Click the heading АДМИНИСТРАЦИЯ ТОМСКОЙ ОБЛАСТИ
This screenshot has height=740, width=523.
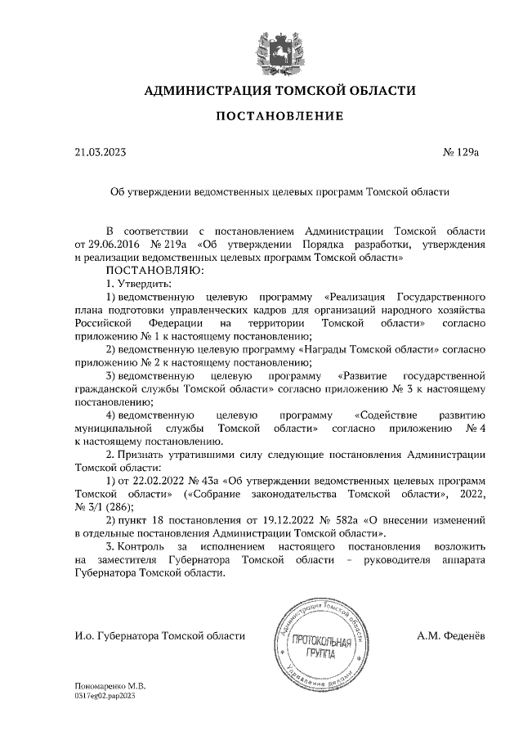279,90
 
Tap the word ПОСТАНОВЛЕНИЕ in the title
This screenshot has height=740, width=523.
279,117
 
